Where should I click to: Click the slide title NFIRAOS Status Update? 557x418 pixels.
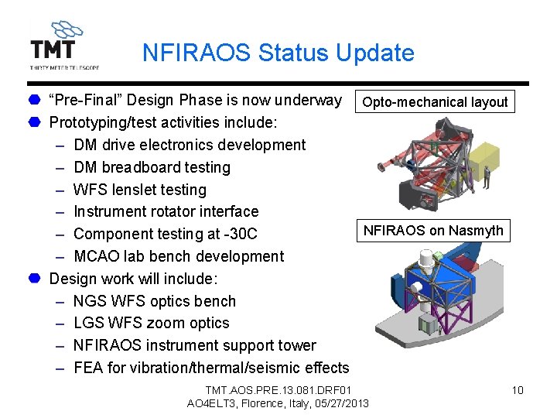[278, 53]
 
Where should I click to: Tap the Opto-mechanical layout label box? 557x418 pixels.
[435, 102]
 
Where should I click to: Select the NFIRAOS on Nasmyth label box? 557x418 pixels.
[433, 231]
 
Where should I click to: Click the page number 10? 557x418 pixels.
[518, 390]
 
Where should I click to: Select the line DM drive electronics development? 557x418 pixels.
[190, 145]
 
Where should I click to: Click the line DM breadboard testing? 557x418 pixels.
[152, 167]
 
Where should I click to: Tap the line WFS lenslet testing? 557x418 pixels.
[140, 190]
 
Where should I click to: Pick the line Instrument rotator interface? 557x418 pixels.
[166, 211]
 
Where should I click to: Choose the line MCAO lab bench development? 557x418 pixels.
[179, 256]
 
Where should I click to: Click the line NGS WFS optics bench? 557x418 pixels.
[155, 301]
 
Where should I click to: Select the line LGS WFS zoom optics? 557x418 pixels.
[152, 323]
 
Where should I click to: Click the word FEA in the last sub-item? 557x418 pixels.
[88, 368]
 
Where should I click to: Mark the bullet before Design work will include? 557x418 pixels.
[36, 279]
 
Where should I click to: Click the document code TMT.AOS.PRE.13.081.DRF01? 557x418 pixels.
[278, 390]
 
